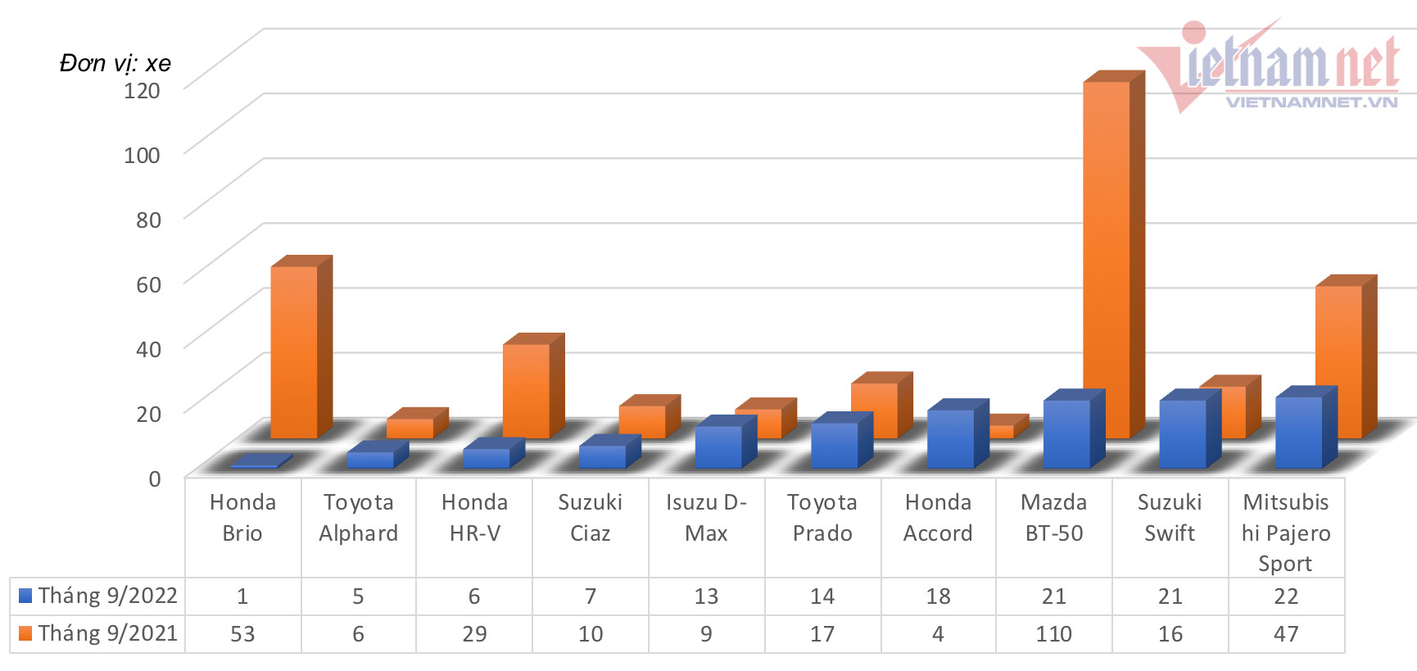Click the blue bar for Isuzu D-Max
718,447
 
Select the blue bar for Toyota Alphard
370,459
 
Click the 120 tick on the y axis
142,89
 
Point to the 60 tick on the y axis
148,284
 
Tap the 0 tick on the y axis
154,478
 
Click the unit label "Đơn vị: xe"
115,63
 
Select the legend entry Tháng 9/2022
98,596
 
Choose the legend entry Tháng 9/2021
98,633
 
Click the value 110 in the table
1053,634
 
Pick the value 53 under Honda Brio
242,634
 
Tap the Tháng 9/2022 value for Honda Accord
938,596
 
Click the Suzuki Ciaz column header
590,518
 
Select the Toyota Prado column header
822,518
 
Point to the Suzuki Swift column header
1170,518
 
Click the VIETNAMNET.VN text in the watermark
1311,102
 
